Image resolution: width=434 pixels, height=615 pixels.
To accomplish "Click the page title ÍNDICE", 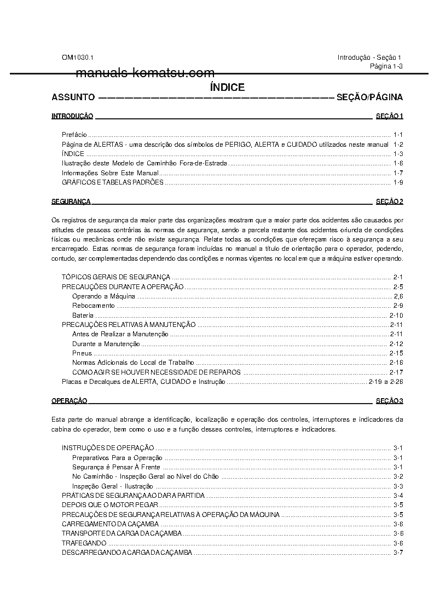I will point(227,87).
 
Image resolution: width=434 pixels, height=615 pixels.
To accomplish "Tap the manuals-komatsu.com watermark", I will point(145,73).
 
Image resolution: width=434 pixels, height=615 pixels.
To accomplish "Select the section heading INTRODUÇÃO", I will point(72,116).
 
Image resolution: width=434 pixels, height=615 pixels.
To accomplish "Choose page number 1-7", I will point(398,173).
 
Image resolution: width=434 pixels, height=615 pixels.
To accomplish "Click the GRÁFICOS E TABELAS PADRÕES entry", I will point(112,182).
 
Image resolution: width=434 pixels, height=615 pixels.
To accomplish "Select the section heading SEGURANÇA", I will point(71,202).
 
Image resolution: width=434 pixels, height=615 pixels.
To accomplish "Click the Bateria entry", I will point(83,315).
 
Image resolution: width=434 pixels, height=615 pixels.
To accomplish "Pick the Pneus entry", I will point(82,353).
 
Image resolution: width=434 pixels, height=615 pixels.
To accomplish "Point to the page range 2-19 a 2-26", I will point(385,382).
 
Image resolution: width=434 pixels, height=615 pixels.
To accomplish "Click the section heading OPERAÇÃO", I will point(69,401).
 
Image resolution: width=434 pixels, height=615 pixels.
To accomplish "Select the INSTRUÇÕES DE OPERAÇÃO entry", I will point(108,448).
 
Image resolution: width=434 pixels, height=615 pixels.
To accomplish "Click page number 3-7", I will point(398,552).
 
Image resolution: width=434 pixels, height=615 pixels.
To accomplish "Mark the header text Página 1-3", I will point(386,66).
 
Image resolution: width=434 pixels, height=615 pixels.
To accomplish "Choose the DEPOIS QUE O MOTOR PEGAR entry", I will point(110,505).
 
